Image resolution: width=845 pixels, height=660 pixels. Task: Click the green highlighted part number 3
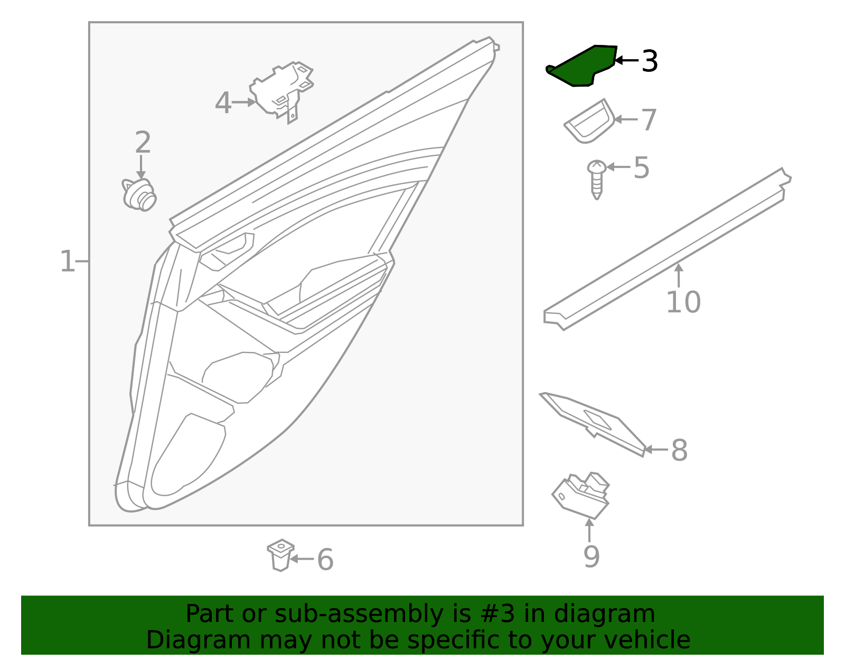tap(581, 67)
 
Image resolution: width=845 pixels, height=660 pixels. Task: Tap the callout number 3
tap(650, 61)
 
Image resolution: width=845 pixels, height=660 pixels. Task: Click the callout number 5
tap(641, 168)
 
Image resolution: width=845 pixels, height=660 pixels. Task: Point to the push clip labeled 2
tap(139, 195)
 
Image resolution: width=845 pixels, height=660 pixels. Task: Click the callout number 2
tap(143, 143)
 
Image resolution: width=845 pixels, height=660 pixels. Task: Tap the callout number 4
tap(223, 103)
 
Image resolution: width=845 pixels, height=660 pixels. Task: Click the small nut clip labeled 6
tap(280, 555)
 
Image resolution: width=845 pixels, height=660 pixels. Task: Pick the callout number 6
tap(325, 560)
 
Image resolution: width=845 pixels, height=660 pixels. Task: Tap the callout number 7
tap(649, 120)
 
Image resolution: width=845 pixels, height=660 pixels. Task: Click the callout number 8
tap(679, 451)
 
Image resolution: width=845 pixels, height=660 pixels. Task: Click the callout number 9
tap(591, 556)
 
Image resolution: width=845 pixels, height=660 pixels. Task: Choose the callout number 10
tap(683, 302)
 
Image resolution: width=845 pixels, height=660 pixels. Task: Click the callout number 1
tap(67, 262)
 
